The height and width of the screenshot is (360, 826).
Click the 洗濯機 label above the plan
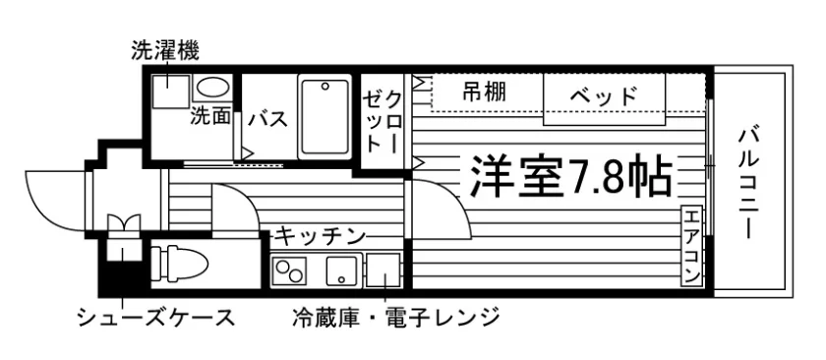pos(165,52)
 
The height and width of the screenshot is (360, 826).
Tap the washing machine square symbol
pos(169,91)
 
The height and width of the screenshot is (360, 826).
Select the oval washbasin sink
pos(212,87)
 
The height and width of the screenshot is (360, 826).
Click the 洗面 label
pos(210,117)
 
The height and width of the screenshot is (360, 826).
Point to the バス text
pos(268,119)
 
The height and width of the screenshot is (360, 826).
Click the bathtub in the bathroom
pos(324,116)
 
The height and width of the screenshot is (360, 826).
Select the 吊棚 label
pos(485,92)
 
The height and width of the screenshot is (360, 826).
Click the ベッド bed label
pos(603,96)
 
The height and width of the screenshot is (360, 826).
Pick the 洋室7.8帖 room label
pos(570,175)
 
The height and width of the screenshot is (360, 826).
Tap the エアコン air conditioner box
pos(691,246)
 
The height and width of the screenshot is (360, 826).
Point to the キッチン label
pos(321,236)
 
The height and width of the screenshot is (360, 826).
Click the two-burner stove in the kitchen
pos(289,270)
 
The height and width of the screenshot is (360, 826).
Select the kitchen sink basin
pos(343,270)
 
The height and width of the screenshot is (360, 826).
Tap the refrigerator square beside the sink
pos(383,270)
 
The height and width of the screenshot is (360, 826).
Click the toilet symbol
pos(179,262)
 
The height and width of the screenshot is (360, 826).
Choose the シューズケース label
pos(156,318)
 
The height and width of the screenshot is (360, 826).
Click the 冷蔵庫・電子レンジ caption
pos(395,318)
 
